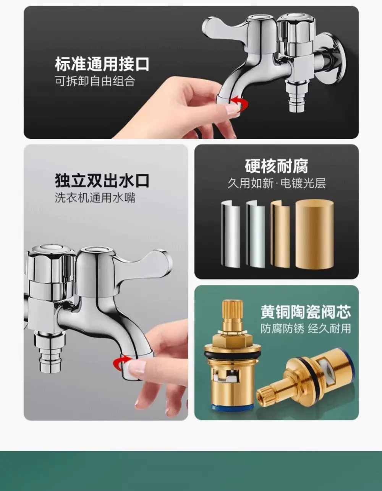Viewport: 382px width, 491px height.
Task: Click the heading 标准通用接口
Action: [x=102, y=64]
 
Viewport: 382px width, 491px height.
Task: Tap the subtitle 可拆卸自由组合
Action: [x=95, y=81]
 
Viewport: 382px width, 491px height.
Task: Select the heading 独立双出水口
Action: [x=102, y=181]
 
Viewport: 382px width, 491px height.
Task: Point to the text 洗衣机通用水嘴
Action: [x=95, y=198]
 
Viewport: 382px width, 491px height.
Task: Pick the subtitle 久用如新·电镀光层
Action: [x=277, y=183]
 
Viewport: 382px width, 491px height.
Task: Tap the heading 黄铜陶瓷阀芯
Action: [x=306, y=312]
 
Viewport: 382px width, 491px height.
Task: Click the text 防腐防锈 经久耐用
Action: [x=306, y=328]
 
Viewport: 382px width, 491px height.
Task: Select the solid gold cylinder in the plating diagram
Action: [x=314, y=234]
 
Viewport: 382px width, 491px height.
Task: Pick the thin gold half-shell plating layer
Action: [x=280, y=234]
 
